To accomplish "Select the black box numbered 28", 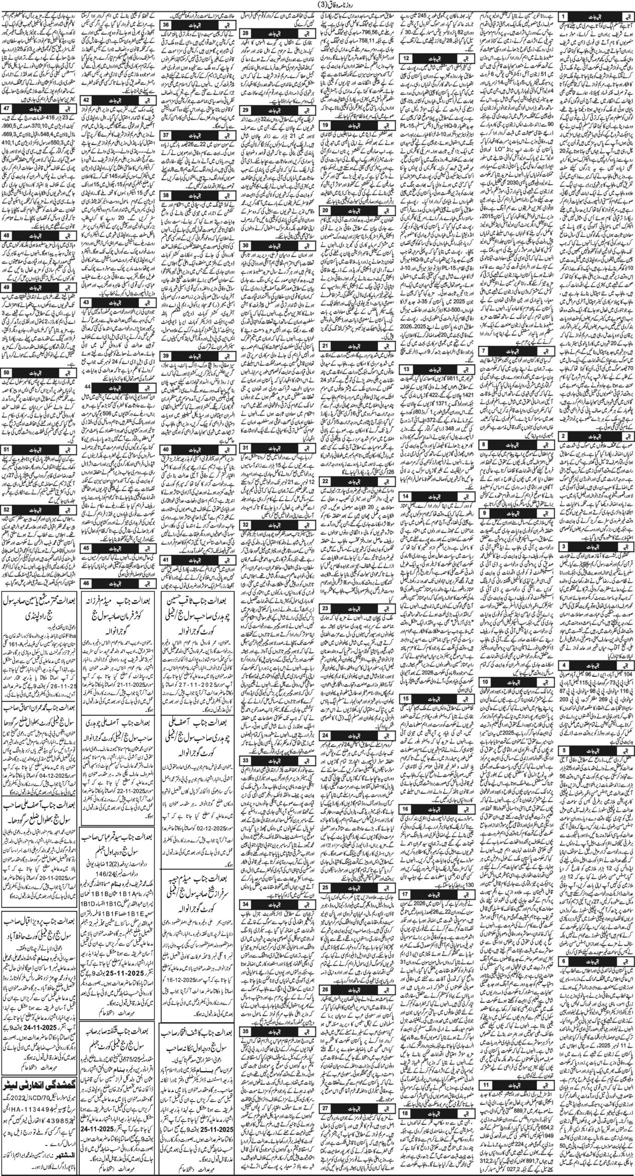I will [x=245, y=33].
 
